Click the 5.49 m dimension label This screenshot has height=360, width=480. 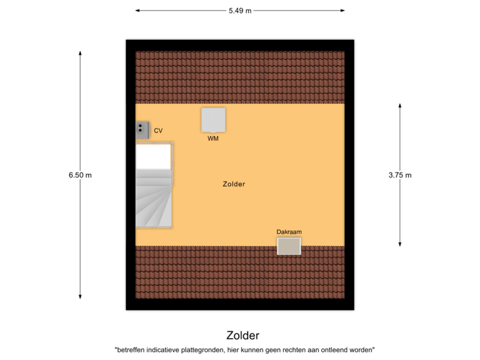click(240, 11)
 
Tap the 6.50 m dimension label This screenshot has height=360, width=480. click(80, 175)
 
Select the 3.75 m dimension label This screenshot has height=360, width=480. click(400, 175)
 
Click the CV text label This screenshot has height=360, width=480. click(158, 131)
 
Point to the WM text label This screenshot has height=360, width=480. click(213, 139)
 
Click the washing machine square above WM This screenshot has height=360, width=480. click(213, 120)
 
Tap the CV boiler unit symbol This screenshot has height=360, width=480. click(143, 129)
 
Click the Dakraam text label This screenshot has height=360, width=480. click(289, 232)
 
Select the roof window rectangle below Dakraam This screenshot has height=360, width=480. click(289, 246)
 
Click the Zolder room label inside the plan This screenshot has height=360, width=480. click(234, 184)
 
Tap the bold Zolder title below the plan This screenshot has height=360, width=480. click(243, 335)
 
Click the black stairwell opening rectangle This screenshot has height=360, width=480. click(153, 157)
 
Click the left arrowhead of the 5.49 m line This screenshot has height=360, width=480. click(137, 11)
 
